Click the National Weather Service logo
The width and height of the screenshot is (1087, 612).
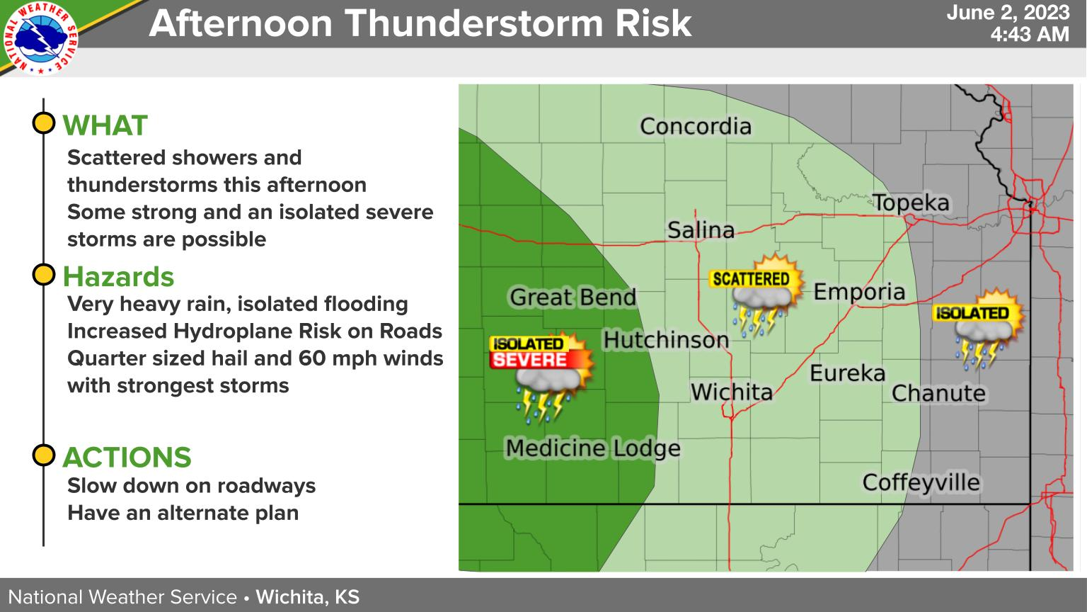(41, 38)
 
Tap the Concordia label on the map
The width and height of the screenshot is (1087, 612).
(695, 127)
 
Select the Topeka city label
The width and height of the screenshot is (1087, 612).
(910, 203)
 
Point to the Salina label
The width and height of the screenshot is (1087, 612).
(701, 230)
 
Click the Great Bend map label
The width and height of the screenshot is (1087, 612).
(573, 297)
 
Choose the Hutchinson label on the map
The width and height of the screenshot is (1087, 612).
(665, 340)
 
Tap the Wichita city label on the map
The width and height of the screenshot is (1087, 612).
(731, 392)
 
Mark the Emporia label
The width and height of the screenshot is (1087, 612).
(858, 292)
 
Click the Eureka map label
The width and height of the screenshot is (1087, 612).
(847, 373)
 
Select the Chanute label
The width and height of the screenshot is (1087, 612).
(938, 393)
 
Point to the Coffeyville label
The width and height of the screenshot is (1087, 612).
(921, 483)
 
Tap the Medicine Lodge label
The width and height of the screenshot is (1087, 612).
(592, 448)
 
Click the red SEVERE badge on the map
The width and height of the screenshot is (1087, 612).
(530, 360)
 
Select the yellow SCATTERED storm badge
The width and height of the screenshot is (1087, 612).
(750, 279)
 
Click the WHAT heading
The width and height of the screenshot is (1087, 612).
(105, 126)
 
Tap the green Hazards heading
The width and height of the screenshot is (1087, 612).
(118, 276)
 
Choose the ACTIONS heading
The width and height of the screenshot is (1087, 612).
(127, 458)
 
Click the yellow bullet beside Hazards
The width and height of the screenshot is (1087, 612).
(44, 274)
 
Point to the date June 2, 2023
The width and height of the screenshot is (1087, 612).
(1007, 13)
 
